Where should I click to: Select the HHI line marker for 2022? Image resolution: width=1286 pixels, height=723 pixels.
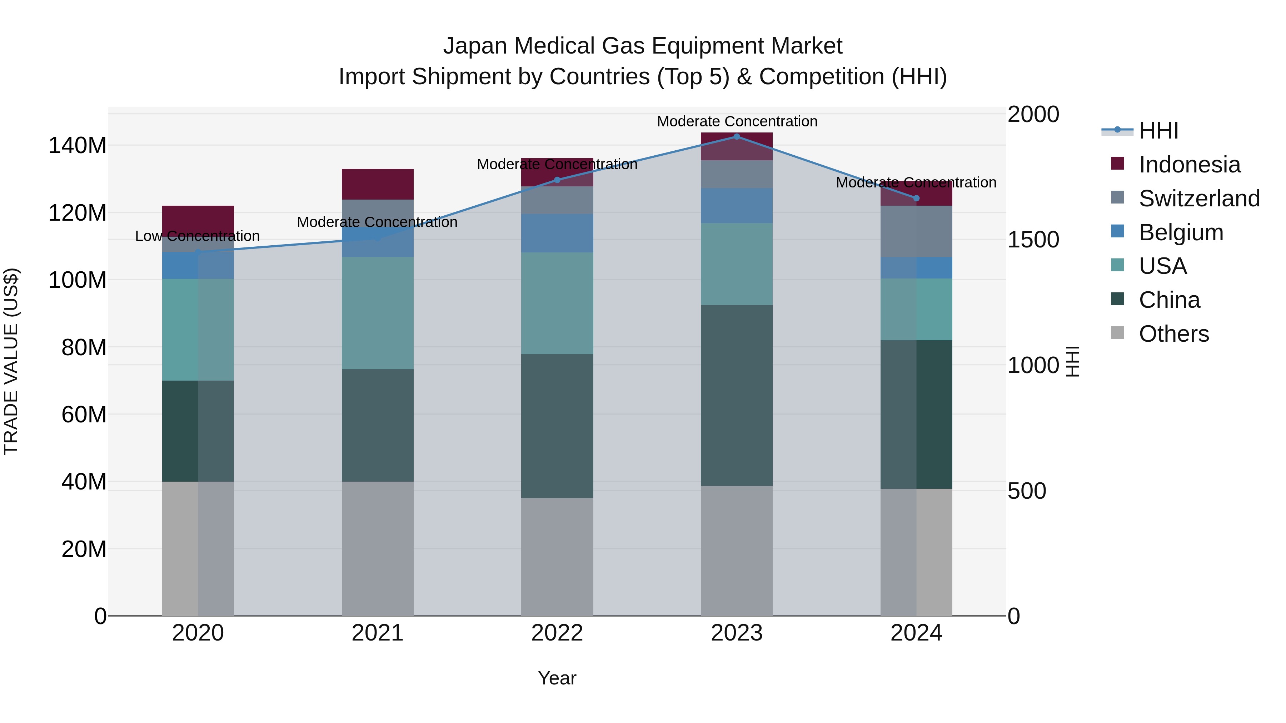pos(557,180)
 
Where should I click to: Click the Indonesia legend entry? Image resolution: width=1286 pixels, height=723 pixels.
pos(1189,165)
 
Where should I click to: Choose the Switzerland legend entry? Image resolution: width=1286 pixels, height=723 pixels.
pos(1199,199)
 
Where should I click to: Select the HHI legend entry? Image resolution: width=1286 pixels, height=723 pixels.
pos(1158,131)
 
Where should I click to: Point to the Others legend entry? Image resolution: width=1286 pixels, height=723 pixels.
pos(1174,334)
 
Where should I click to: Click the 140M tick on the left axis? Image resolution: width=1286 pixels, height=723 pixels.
pos(78,146)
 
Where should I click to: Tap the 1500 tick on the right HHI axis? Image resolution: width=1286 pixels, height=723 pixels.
pos(1033,240)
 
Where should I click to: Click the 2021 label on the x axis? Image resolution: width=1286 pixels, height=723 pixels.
pos(378,633)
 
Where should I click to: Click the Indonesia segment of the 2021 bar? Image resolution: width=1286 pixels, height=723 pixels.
pos(378,184)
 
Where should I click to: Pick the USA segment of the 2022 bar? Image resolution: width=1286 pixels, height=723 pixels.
pos(557,303)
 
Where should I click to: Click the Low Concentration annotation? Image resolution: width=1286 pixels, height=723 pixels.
pos(197,236)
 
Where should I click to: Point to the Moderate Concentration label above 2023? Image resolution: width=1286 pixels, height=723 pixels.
pos(737,121)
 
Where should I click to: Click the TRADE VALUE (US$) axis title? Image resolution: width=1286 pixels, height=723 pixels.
pos(11,361)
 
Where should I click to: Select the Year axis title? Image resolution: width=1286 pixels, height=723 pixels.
pos(557,678)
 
